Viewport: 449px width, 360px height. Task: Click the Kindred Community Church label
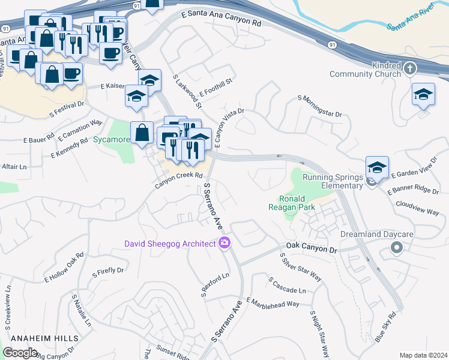[x=365, y=70]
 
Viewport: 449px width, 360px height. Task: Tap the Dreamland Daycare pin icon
[x=396, y=247]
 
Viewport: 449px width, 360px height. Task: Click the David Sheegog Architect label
[x=170, y=244]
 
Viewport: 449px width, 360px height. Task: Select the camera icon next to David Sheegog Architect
[x=224, y=243]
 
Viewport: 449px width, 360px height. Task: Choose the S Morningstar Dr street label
[x=319, y=106]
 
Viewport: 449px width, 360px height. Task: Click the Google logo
[x=20, y=352]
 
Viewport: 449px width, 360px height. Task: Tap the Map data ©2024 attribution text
[x=423, y=355]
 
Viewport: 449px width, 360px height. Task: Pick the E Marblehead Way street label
[x=273, y=302]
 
